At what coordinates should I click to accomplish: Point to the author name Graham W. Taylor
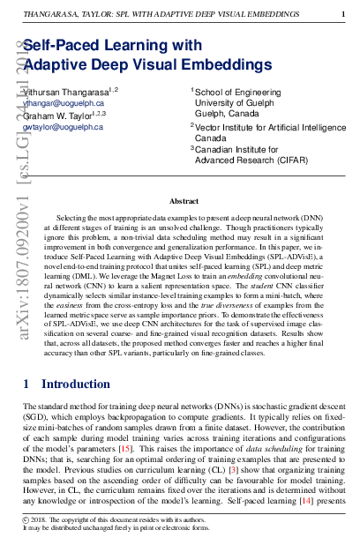(x=59, y=115)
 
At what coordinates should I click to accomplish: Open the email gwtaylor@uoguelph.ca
(x=63, y=127)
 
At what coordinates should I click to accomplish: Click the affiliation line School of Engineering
(x=233, y=92)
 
